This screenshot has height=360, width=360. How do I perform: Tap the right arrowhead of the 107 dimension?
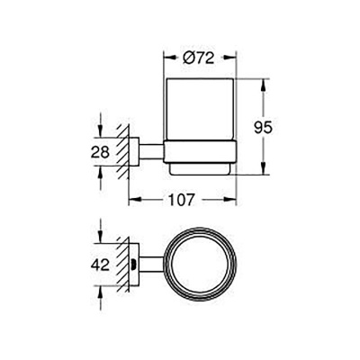click(238, 201)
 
